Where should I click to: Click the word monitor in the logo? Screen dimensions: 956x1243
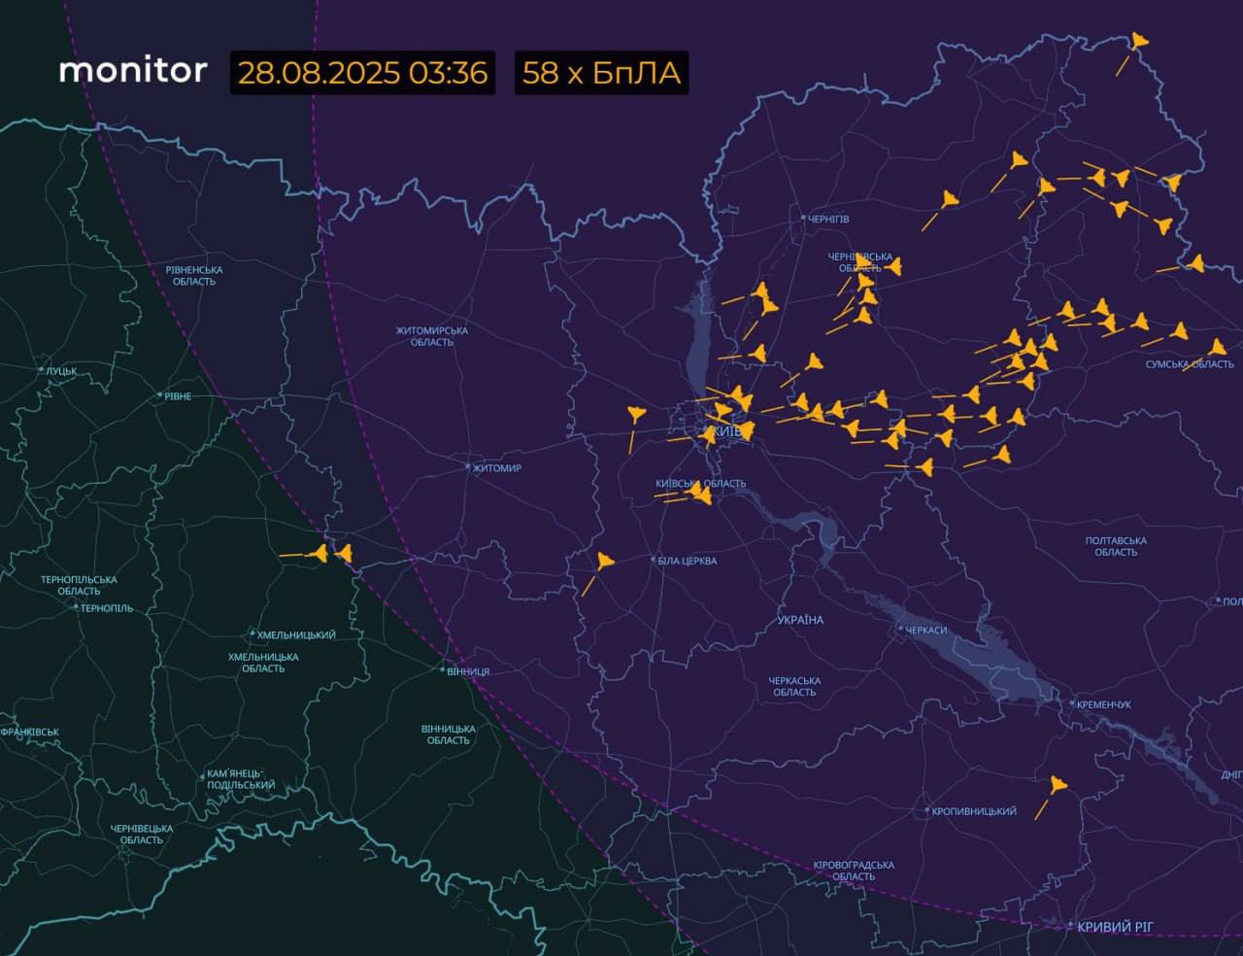point(133,71)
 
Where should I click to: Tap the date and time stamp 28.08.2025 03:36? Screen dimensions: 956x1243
point(362,73)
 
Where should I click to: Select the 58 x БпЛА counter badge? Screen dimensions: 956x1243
point(601,73)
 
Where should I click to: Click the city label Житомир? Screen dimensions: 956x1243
point(496,468)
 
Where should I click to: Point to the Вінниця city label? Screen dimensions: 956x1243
point(468,671)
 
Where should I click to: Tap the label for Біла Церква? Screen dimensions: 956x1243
point(688,561)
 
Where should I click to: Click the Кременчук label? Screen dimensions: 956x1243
point(1104,704)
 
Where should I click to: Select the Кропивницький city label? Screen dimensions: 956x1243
point(974,811)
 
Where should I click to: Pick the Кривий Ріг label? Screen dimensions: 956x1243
point(1115,927)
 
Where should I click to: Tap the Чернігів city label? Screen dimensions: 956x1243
point(828,219)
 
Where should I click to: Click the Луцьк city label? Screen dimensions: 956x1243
point(60,370)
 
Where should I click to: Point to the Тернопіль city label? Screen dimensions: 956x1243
point(107,608)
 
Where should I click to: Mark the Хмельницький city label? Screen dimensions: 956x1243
point(296,635)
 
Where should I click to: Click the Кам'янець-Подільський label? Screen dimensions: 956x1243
point(241,780)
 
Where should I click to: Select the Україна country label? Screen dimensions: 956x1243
point(800,620)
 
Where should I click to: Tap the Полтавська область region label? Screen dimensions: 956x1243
point(1116,546)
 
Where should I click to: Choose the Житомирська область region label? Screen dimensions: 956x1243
point(431,336)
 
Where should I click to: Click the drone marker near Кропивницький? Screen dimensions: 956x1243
point(1057,785)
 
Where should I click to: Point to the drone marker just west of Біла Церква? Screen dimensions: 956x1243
point(605,561)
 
